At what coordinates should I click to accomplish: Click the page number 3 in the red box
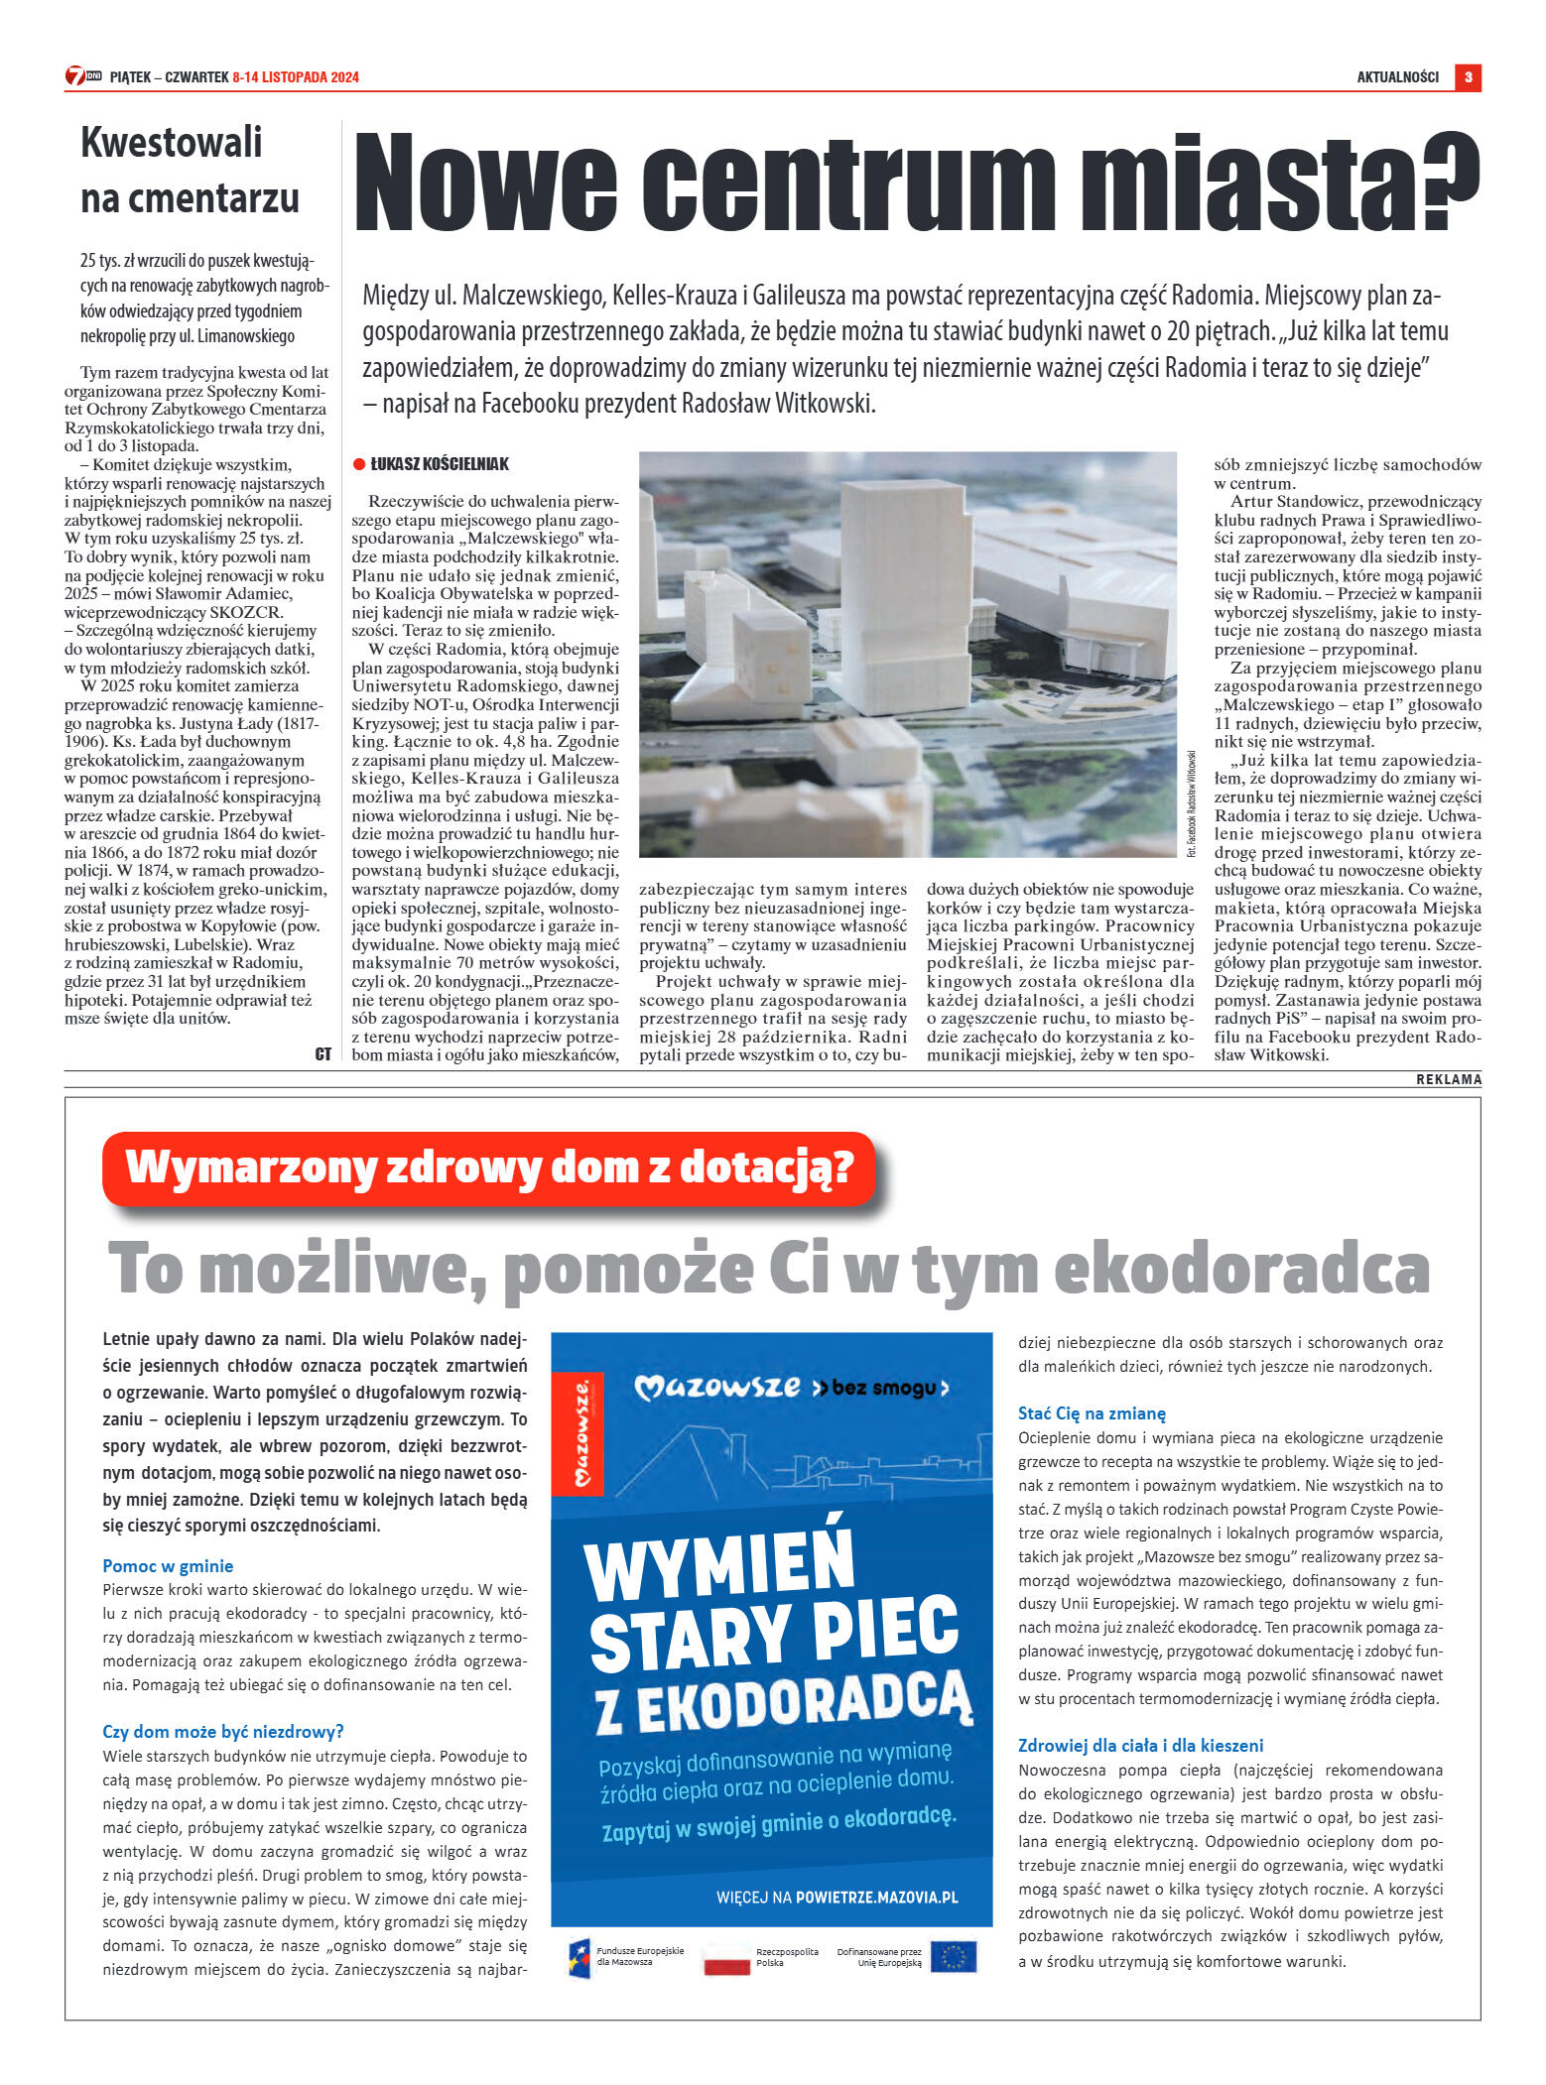[1468, 77]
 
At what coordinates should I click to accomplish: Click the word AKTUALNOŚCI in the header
[1397, 77]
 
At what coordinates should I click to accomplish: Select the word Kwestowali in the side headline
[171, 142]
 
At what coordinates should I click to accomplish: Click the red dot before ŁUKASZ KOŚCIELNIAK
[359, 464]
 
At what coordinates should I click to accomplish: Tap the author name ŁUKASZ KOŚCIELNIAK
[440, 464]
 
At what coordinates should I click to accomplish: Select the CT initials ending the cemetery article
[322, 1054]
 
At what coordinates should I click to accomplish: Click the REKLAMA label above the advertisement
[1448, 1079]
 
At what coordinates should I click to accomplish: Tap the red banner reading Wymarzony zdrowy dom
[489, 1167]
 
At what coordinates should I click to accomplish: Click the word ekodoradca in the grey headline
[1241, 1270]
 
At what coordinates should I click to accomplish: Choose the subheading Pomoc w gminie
[168, 1566]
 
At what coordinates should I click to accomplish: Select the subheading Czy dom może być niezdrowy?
[223, 1732]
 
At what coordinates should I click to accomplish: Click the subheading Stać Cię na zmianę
[1092, 1413]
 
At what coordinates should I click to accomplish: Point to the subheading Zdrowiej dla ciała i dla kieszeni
[1140, 1746]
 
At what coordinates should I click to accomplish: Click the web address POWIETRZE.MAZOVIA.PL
[877, 1898]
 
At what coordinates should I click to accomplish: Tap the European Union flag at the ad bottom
[953, 1957]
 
